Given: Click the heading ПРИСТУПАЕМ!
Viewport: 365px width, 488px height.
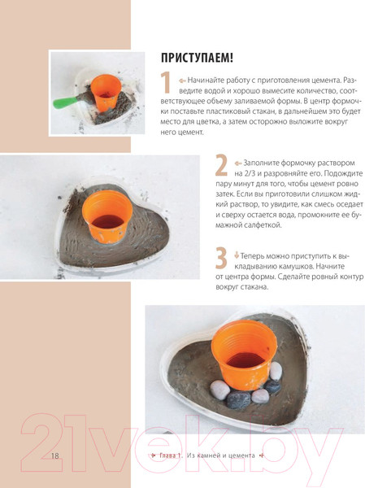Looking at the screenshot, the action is tap(197, 58).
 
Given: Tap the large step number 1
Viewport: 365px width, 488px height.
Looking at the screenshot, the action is tap(165, 82).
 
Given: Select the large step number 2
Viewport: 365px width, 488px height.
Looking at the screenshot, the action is tap(221, 165).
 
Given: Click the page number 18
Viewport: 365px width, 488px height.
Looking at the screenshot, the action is tap(54, 455).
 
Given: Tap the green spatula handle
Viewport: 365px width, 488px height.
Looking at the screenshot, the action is tap(65, 102).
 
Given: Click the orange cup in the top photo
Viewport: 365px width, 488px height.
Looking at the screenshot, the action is tap(107, 92).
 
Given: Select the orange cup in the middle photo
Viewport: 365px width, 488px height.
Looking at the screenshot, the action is tap(107, 216).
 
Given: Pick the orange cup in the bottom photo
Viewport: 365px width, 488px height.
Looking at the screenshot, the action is tap(244, 357).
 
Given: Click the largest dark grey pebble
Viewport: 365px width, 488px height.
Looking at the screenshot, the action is tap(239, 399).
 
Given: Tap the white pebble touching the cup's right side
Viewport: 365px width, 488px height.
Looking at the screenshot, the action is tap(276, 371).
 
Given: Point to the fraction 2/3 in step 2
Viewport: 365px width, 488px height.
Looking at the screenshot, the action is tap(249, 173).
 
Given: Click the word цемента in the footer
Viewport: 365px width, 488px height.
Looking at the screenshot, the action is tap(241, 455).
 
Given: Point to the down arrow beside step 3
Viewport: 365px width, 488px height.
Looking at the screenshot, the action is tap(237, 255).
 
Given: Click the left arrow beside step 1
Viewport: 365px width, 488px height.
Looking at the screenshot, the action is tap(182, 81).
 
